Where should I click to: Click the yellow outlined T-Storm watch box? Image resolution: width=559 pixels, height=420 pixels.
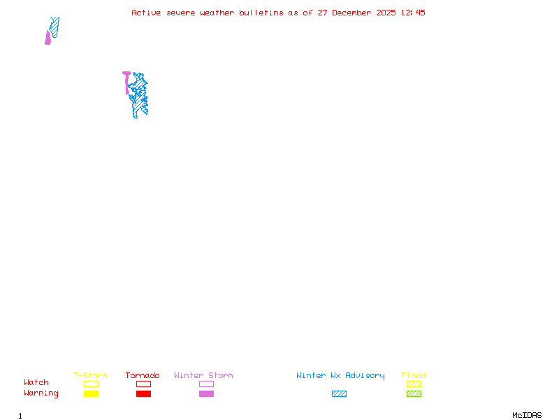tap(91, 384)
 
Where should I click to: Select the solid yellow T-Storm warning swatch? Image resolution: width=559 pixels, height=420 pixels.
tap(91, 393)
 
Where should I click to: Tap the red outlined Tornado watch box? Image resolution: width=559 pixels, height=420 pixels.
tap(143, 384)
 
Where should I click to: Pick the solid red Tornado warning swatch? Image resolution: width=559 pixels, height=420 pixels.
tap(143, 393)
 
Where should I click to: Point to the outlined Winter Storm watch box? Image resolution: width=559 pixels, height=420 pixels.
tap(206, 384)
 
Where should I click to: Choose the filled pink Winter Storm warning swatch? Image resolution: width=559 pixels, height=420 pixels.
tap(206, 393)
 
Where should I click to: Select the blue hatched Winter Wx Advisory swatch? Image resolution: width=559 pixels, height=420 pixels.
tap(339, 393)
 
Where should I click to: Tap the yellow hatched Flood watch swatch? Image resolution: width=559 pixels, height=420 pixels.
tap(414, 384)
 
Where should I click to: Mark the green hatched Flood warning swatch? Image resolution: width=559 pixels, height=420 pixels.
tap(414, 393)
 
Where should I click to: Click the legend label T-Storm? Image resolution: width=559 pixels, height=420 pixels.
tap(90, 375)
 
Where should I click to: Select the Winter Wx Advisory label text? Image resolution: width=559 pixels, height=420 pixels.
tap(340, 375)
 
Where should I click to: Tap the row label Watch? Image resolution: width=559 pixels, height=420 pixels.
tap(36, 383)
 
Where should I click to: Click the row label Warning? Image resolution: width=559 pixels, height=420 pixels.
tap(41, 393)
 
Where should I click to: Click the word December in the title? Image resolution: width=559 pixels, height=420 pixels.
tap(357, 13)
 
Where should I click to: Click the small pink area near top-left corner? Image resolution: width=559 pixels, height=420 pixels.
tap(48, 39)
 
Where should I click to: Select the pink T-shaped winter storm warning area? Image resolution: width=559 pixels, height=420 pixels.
tap(126, 76)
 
